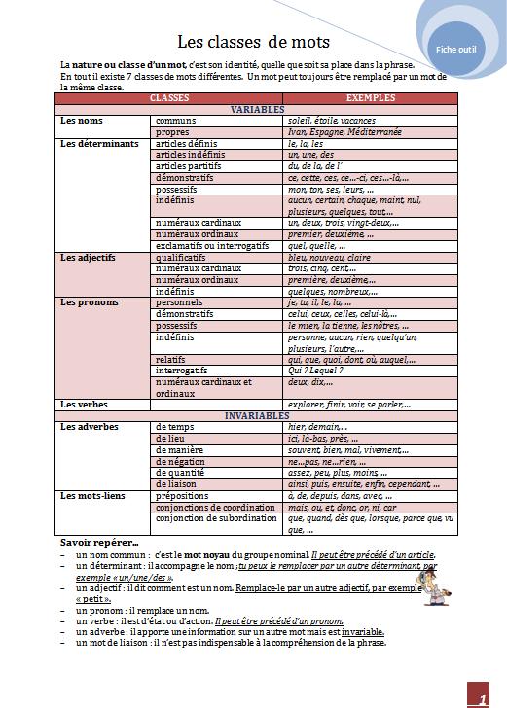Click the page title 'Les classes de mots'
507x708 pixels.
pyautogui.click(x=253, y=42)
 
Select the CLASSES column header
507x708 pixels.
pyautogui.click(x=169, y=99)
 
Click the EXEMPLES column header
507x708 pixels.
pyautogui.click(x=370, y=99)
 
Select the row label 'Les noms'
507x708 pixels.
pyautogui.click(x=82, y=121)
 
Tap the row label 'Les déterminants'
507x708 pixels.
pyautogui.click(x=99, y=143)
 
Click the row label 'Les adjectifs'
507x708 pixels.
pyautogui.click(x=88, y=258)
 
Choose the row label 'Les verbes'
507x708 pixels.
pyautogui.click(x=84, y=404)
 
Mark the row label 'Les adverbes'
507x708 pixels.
pyautogui.click(x=90, y=426)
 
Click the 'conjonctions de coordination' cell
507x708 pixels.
pyautogui.click(x=216, y=507)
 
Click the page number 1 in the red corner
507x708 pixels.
pyautogui.click(x=481, y=698)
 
